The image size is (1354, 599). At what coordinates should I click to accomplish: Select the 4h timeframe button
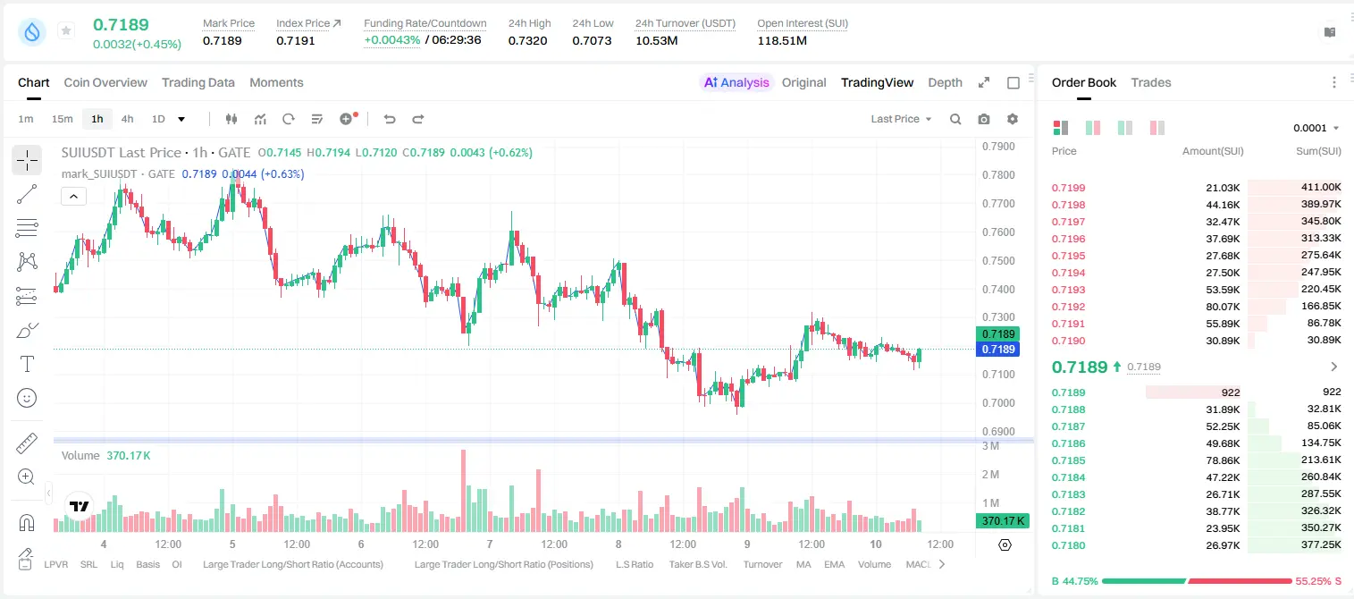[x=127, y=119]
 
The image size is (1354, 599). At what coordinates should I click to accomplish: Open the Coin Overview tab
[x=105, y=82]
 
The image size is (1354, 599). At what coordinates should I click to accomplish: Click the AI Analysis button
[x=736, y=82]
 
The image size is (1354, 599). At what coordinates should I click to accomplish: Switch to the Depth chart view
[x=945, y=82]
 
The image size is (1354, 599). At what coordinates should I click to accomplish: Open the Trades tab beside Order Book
[x=1151, y=82]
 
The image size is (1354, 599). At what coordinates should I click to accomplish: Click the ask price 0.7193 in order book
[x=1068, y=290]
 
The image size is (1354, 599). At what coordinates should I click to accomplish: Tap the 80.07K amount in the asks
[x=1223, y=307]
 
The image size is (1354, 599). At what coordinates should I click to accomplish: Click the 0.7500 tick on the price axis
[x=998, y=260]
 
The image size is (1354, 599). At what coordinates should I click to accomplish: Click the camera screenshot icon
[x=984, y=119]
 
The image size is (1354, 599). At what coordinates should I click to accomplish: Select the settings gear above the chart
[x=1013, y=119]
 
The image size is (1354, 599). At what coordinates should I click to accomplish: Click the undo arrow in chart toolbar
[x=390, y=119]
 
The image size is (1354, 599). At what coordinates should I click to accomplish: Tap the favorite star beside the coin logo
[x=66, y=30]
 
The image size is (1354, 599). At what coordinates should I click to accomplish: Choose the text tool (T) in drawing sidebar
[x=27, y=364]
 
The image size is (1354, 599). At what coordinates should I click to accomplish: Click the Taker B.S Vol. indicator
[x=697, y=564]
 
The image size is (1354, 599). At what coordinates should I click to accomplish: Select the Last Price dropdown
[x=901, y=119]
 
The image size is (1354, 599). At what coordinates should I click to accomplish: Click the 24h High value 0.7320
[x=527, y=40]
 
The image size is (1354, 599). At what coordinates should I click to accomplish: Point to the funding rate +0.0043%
[x=391, y=40]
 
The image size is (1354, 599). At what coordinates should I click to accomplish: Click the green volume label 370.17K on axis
[x=1002, y=520]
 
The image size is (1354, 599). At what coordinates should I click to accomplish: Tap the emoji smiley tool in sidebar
[x=27, y=398]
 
